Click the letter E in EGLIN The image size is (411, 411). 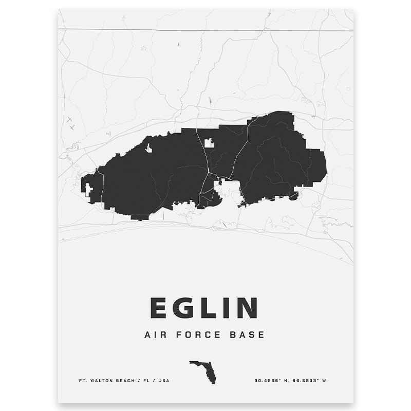click(x=158, y=308)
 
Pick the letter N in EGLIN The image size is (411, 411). click(x=247, y=308)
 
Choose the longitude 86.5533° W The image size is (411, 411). click(x=313, y=381)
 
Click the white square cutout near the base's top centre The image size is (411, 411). click(x=209, y=143)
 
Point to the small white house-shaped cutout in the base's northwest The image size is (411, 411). click(x=148, y=149)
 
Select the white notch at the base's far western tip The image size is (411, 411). click(x=88, y=190)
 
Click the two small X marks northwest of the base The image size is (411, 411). click(x=70, y=122)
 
